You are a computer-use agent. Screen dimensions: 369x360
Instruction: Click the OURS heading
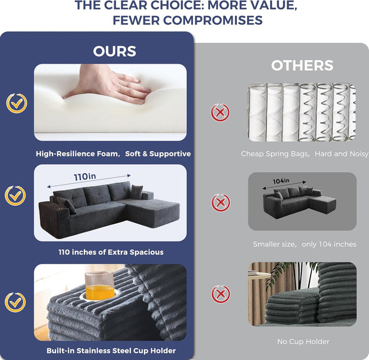click(x=115, y=51)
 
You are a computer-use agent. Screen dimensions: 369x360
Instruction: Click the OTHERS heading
click(x=302, y=65)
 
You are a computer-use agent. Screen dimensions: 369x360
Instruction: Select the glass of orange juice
click(x=99, y=286)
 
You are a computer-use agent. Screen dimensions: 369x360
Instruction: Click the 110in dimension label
click(x=85, y=177)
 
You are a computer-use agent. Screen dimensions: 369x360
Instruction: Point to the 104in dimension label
click(x=281, y=181)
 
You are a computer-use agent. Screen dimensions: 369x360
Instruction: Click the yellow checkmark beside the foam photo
click(x=17, y=104)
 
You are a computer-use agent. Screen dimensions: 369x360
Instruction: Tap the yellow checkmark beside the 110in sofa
click(x=15, y=196)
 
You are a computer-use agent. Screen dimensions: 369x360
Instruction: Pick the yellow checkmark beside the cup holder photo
click(x=15, y=302)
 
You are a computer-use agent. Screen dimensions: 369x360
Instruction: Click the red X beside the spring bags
click(x=220, y=112)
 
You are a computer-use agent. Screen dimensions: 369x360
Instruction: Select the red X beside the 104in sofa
click(x=220, y=202)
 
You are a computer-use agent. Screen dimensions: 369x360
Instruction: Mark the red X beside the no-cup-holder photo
click(x=220, y=294)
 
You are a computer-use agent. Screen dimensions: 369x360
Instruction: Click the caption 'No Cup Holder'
click(x=303, y=342)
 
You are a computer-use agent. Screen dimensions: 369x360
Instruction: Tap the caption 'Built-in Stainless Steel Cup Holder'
click(x=111, y=350)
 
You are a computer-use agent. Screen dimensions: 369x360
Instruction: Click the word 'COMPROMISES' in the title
click(x=212, y=20)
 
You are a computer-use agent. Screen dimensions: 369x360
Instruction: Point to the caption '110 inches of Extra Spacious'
click(x=111, y=252)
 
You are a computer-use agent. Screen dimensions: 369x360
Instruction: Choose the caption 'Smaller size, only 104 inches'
click(x=305, y=244)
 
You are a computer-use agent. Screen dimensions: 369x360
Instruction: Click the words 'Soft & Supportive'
click(x=158, y=154)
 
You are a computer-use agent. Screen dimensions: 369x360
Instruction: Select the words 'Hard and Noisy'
click(x=342, y=154)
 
